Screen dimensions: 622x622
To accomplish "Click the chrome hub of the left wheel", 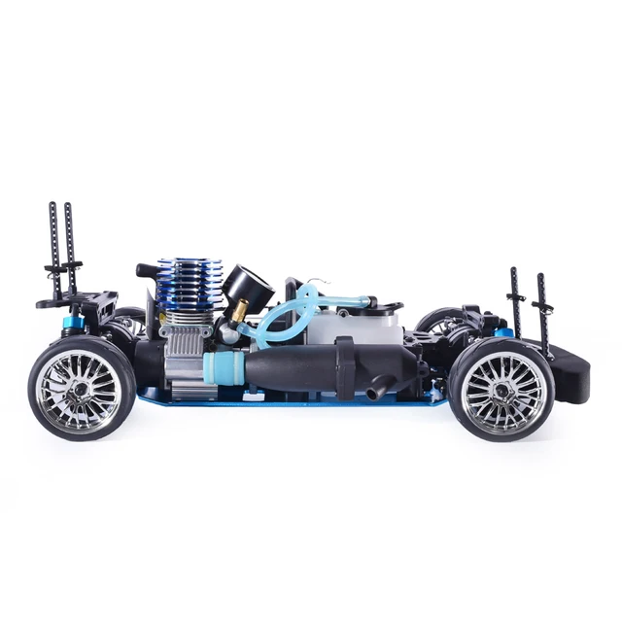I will click(81, 389).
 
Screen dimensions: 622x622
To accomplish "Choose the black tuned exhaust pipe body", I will click(292, 369).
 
